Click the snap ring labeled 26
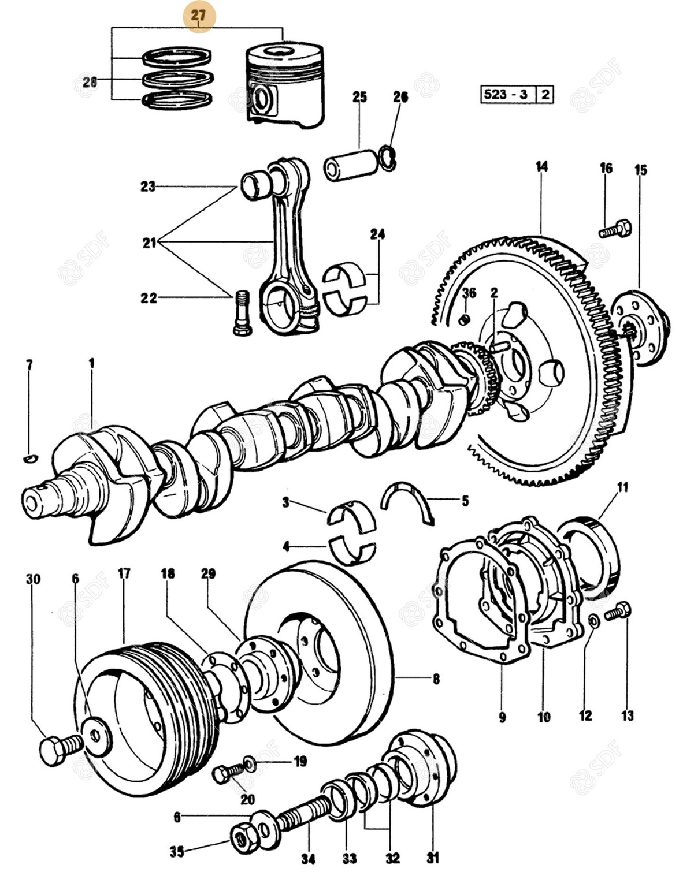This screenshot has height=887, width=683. pyautogui.click(x=389, y=158)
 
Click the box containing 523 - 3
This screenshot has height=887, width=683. pyautogui.click(x=507, y=94)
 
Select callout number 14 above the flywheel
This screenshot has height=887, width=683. pyautogui.click(x=541, y=167)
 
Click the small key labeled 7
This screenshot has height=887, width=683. pyautogui.click(x=30, y=458)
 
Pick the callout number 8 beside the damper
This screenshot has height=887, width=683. pyautogui.click(x=436, y=679)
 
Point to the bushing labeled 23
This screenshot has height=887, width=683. pyautogui.click(x=254, y=185)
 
